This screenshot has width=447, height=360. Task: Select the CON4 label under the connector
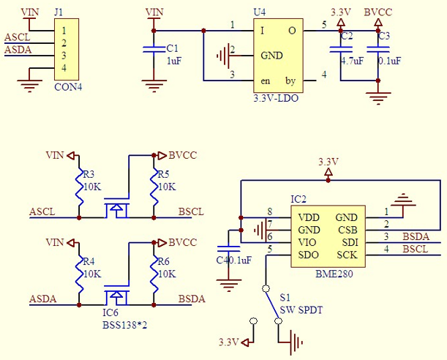pos(68,86)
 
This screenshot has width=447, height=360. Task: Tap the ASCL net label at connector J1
pos(18,37)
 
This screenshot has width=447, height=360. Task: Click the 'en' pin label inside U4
pos(266,80)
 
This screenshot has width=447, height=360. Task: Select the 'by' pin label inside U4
pos(290,80)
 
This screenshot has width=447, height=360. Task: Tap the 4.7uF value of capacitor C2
pos(352,61)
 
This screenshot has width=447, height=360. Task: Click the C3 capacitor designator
pos(384,36)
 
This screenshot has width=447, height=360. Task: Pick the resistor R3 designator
pos(89,175)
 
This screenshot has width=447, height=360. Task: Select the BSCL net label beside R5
pos(191,212)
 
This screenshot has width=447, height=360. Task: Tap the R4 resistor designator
pos(89,261)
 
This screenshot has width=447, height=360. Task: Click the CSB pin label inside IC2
pos(347,230)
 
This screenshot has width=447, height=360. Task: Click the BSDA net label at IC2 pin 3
pos(416,236)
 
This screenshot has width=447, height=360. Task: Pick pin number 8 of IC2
pos(269,211)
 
